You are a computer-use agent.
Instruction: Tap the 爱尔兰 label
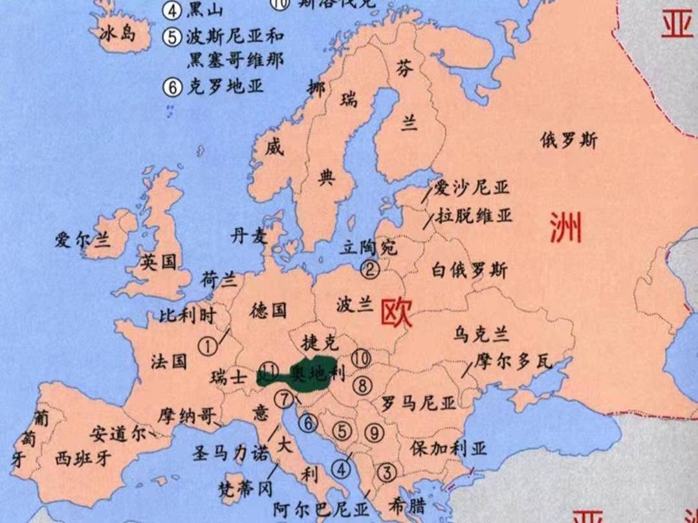pos(82,240)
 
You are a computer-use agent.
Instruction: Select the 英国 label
pos(159,262)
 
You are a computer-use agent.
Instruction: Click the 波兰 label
pos(355,304)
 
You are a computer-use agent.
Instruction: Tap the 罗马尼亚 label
pos(419,403)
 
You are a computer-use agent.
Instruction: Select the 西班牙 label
pos(83,458)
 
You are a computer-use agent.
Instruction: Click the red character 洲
pos(565,228)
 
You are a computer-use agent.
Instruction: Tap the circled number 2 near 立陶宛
pos(370,268)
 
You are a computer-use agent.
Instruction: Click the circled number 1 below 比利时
pos(208,346)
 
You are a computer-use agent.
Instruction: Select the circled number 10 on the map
pos(362,357)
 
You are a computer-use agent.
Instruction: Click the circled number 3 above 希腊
pos(387,473)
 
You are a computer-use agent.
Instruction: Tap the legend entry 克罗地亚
pos(216,86)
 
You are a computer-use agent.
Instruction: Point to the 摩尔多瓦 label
pos(513,362)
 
